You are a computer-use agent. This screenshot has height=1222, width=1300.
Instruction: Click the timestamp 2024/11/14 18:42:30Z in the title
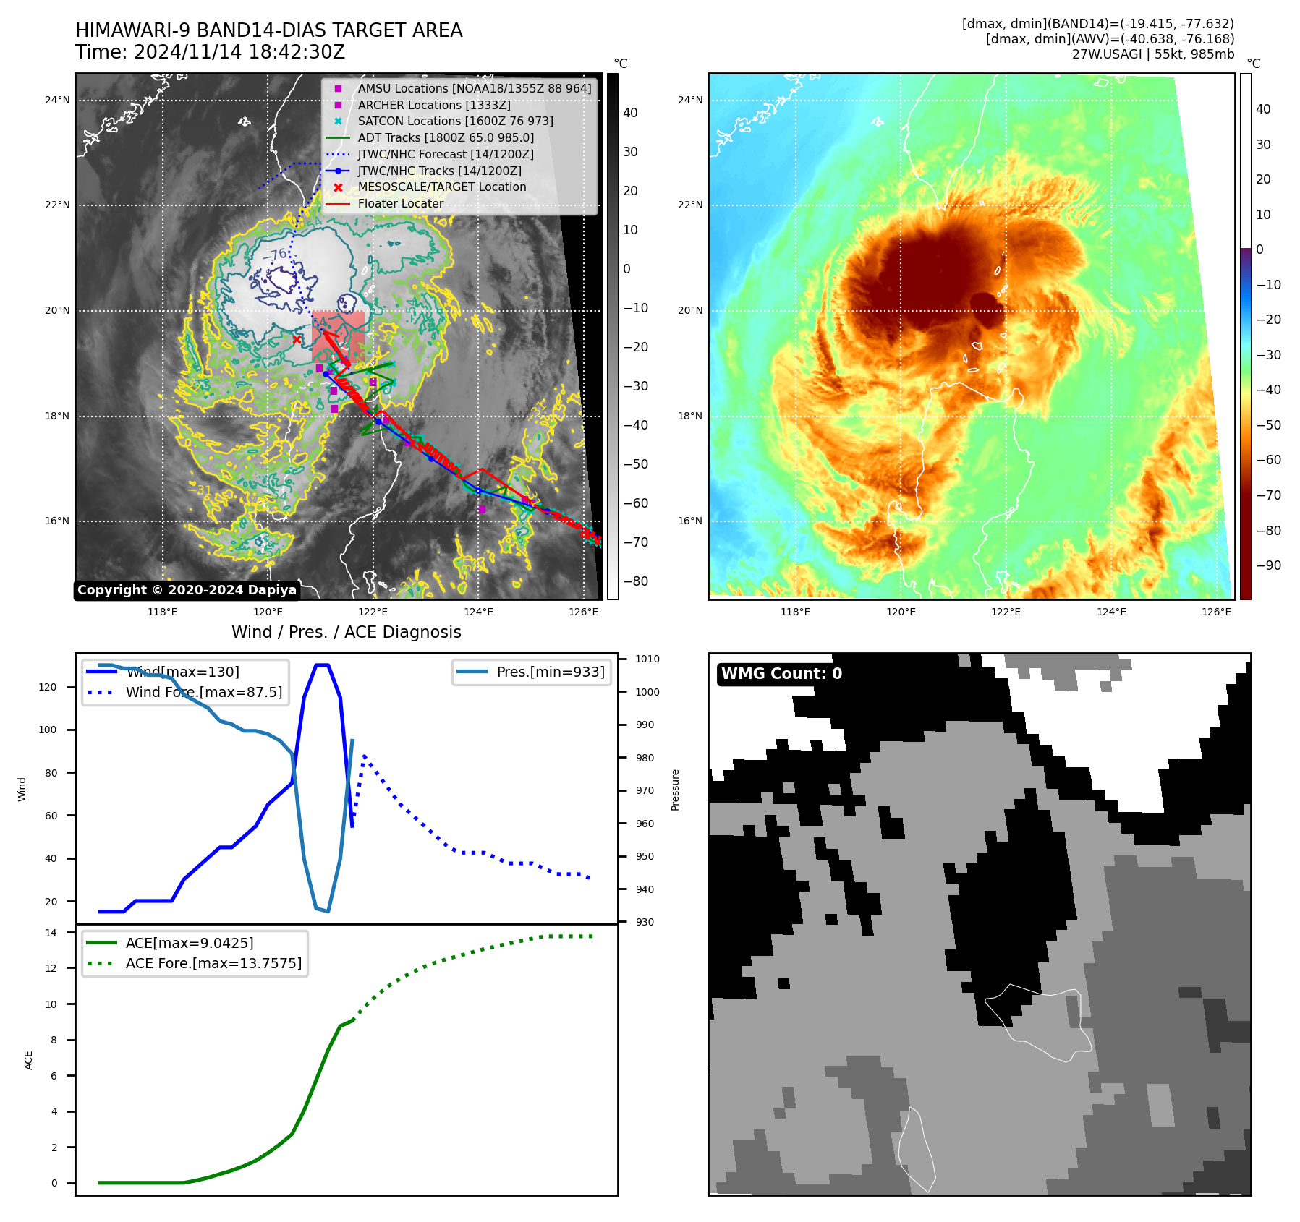[x=239, y=53]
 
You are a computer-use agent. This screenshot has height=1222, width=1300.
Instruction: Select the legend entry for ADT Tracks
[x=446, y=137]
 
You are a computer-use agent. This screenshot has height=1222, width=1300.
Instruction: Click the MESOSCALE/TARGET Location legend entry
[x=442, y=187]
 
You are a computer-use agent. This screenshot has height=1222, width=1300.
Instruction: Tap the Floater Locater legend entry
[x=400, y=203]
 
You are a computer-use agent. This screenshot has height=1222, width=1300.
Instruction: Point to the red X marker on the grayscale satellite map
[x=297, y=339]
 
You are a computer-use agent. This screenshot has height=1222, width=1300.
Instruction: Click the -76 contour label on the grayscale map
[x=275, y=255]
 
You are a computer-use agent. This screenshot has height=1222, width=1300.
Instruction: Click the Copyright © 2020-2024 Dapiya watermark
[x=187, y=590]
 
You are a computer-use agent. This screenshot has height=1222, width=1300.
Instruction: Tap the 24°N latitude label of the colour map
[x=690, y=100]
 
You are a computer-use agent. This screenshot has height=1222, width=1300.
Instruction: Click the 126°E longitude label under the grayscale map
[x=583, y=612]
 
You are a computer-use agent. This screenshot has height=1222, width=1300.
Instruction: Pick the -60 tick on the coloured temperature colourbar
[x=1268, y=460]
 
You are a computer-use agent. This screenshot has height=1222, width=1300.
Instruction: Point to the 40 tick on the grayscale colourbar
[x=630, y=113]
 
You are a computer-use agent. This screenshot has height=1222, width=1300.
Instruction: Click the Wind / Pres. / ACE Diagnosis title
[x=346, y=632]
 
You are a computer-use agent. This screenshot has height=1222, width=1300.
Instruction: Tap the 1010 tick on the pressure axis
[x=647, y=659]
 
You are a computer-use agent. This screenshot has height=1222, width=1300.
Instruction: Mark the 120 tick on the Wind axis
[x=48, y=687]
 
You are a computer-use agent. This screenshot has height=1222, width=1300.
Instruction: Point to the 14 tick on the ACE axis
[x=51, y=933]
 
